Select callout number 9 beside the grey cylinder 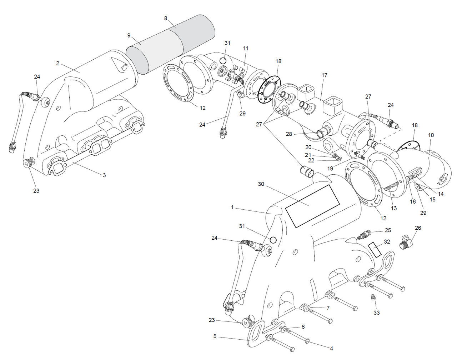129,35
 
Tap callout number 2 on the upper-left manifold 57,63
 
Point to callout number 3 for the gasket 104,175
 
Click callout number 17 324,75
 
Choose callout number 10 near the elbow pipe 431,135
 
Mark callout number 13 394,208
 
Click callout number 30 261,184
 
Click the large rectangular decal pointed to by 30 312,206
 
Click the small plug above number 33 373,298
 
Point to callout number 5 215,336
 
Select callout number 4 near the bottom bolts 331,348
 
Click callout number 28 288,134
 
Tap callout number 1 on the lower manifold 232,207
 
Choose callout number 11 246,48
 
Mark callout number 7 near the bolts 328,308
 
